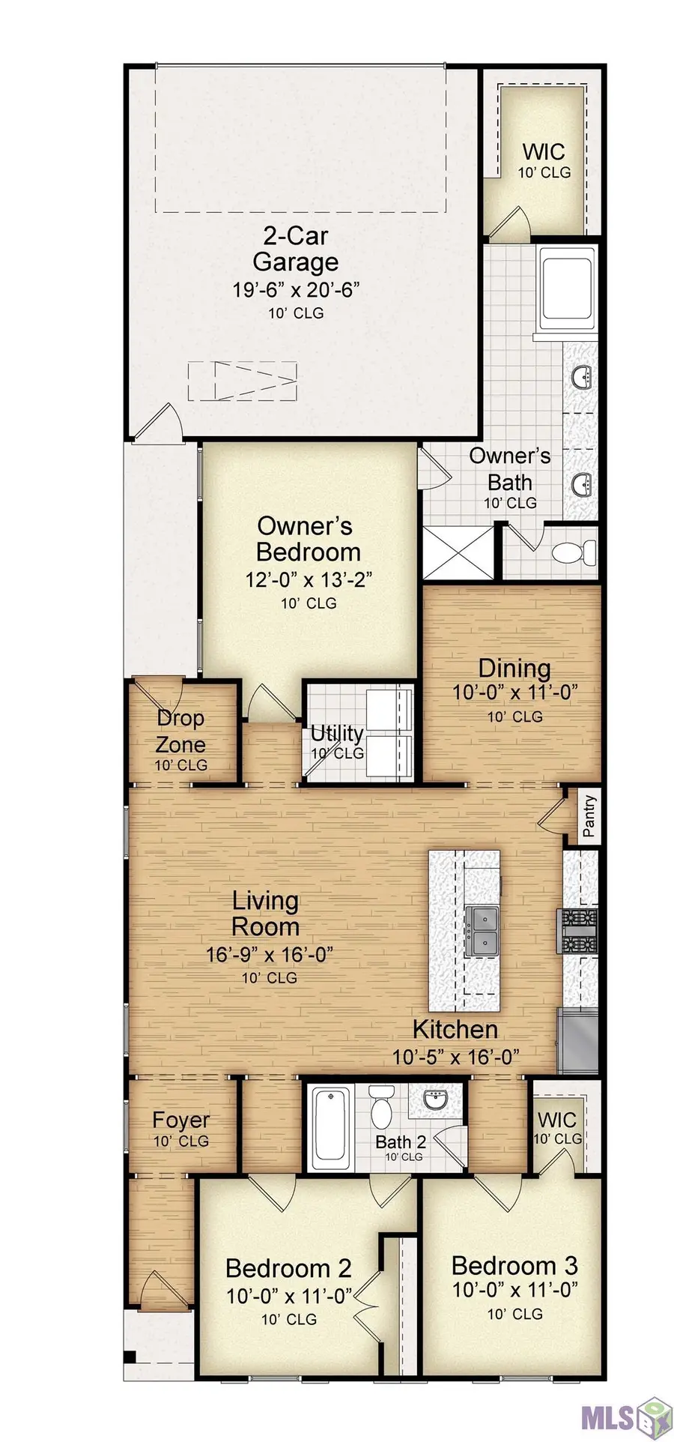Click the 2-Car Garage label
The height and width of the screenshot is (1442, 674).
pos(295,250)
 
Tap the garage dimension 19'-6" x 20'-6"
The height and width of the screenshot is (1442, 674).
pos(297,289)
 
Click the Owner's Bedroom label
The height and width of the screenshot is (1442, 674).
pos(308,539)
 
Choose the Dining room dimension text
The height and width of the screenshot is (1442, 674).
pos(515,692)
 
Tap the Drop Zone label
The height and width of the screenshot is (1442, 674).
pos(180,731)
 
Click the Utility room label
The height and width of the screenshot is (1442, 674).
pos(337,733)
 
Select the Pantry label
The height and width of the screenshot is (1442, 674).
pos(589,815)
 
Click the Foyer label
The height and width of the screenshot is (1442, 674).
pos(180,1120)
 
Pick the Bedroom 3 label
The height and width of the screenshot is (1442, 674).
pos(514,1266)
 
